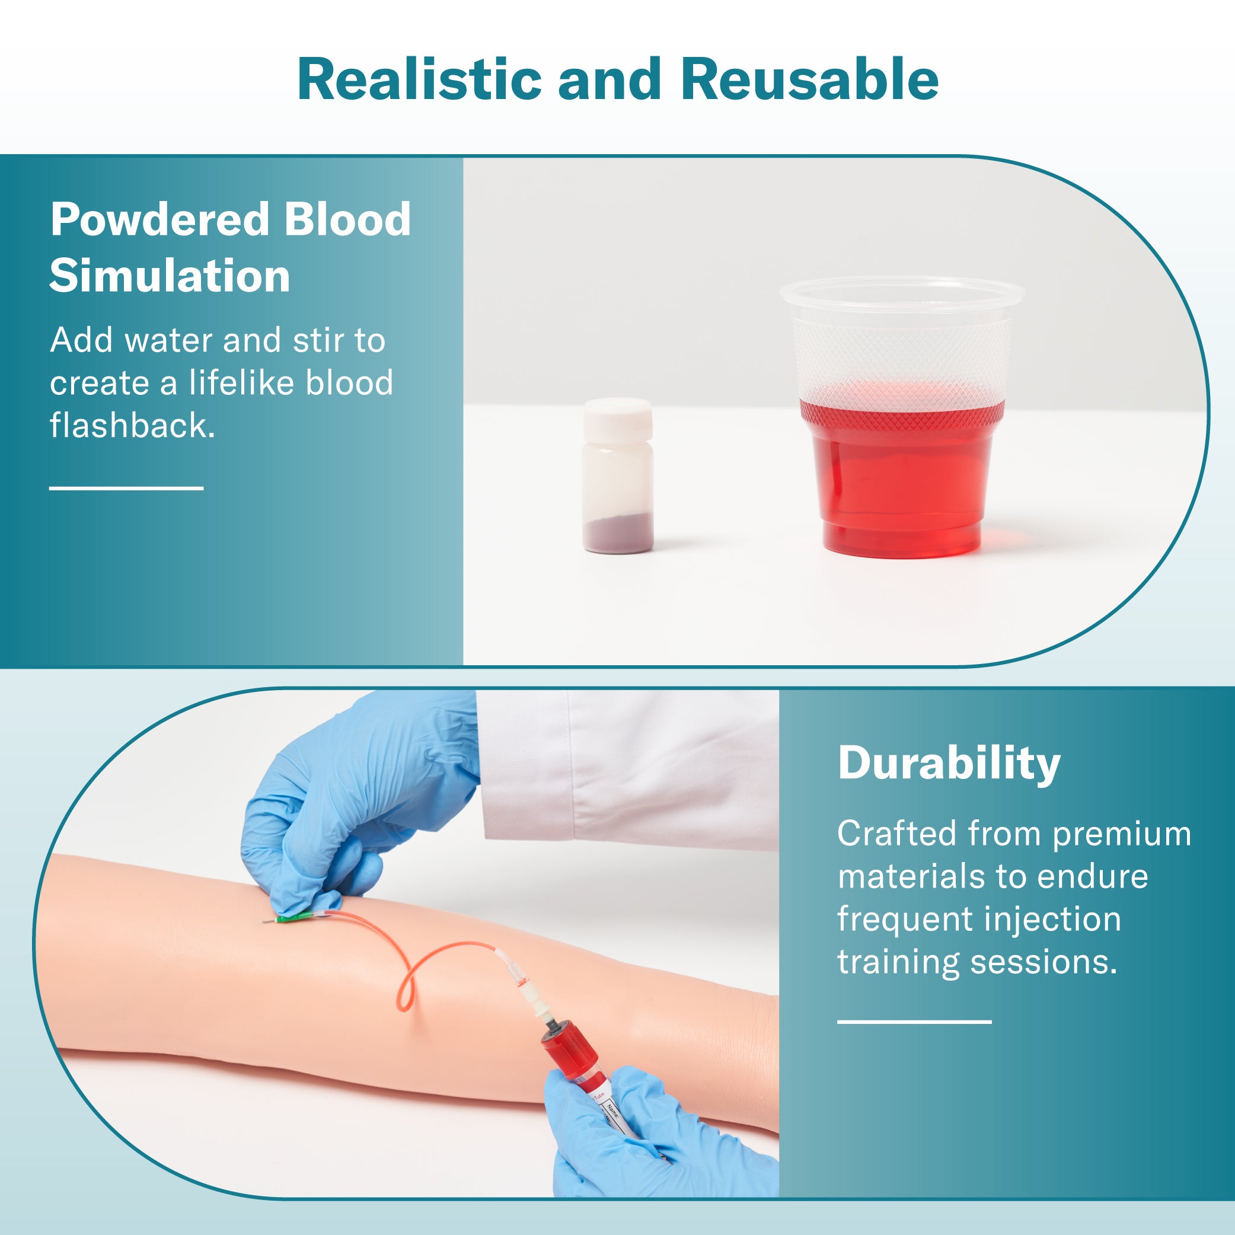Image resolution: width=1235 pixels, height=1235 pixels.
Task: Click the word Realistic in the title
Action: pyautogui.click(x=419, y=80)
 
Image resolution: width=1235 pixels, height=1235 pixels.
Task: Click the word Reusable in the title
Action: pyautogui.click(x=809, y=80)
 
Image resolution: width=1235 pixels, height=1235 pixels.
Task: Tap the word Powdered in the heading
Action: pyautogui.click(x=160, y=219)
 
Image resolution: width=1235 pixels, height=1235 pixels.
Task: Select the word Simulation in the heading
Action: pyautogui.click(x=170, y=276)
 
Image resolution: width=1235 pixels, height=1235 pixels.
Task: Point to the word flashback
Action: pyautogui.click(x=132, y=425)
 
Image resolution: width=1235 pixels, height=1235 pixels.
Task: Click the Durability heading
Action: pyautogui.click(x=949, y=763)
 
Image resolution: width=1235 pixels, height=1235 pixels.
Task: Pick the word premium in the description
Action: pyautogui.click(x=1122, y=835)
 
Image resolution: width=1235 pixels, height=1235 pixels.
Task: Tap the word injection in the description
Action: pyautogui.click(x=1053, y=920)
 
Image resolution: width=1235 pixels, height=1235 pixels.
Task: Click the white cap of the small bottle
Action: pyautogui.click(x=618, y=419)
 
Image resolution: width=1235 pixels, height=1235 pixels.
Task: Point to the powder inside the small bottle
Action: pyautogui.click(x=618, y=532)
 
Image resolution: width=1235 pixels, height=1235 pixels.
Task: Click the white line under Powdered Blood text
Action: pyautogui.click(x=126, y=488)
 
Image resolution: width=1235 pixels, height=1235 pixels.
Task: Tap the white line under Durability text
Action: pyautogui.click(x=915, y=1022)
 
